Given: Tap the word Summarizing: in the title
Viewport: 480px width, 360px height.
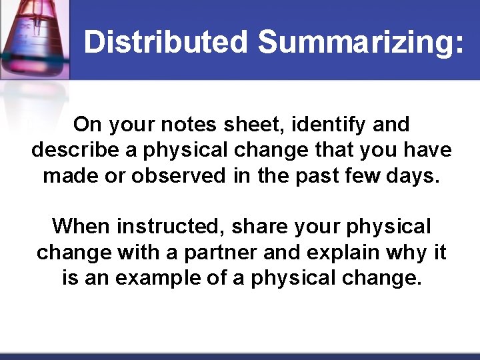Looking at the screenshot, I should point(360,42).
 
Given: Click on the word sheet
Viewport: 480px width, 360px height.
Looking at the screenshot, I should point(262,125).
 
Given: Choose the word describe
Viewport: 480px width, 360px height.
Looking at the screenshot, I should point(74,150).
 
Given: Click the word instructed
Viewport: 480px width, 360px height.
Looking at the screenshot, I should point(170,227).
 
